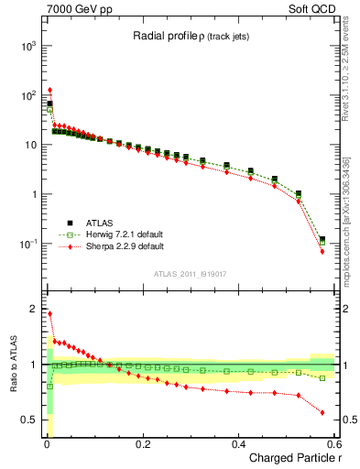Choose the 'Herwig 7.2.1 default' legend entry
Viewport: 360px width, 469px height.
110,234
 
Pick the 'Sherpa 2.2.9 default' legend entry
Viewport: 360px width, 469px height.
110,246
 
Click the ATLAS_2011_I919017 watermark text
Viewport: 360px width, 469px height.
191,273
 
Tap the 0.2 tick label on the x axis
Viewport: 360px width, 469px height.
142,445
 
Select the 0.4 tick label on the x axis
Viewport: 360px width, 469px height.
238,445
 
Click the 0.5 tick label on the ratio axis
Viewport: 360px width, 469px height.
31,420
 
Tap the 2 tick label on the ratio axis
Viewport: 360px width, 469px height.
35,308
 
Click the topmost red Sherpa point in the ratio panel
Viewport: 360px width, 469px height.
49,313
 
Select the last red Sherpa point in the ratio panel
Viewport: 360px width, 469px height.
322,412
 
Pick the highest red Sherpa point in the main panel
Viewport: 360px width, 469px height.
49,90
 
